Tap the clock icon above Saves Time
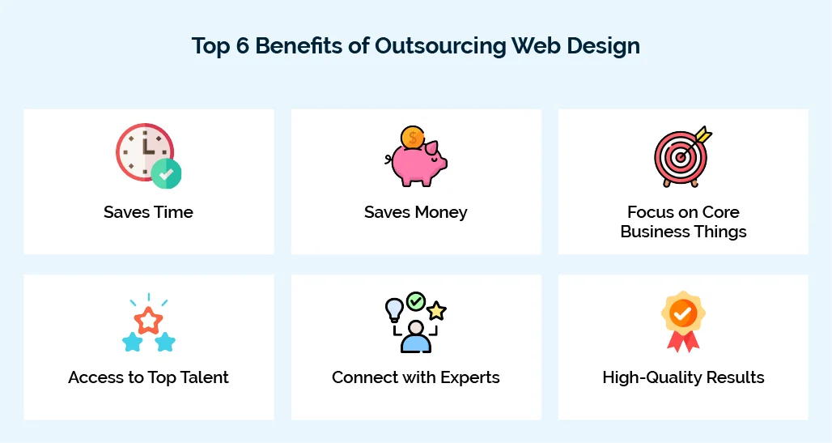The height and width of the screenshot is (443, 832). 143,150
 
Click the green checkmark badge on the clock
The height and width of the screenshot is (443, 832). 167,173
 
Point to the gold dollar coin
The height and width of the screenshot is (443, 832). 413,138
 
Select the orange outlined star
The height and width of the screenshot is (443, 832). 149,319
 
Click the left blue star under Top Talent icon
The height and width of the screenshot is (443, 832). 133,342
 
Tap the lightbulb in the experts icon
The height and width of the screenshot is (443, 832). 394,309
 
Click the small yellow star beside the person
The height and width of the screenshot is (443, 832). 437,309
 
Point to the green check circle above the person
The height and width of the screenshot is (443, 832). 416,301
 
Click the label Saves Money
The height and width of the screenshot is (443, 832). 416,213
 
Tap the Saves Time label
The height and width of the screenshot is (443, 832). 149,213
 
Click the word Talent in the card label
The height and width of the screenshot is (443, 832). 202,378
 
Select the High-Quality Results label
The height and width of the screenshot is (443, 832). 683,378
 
